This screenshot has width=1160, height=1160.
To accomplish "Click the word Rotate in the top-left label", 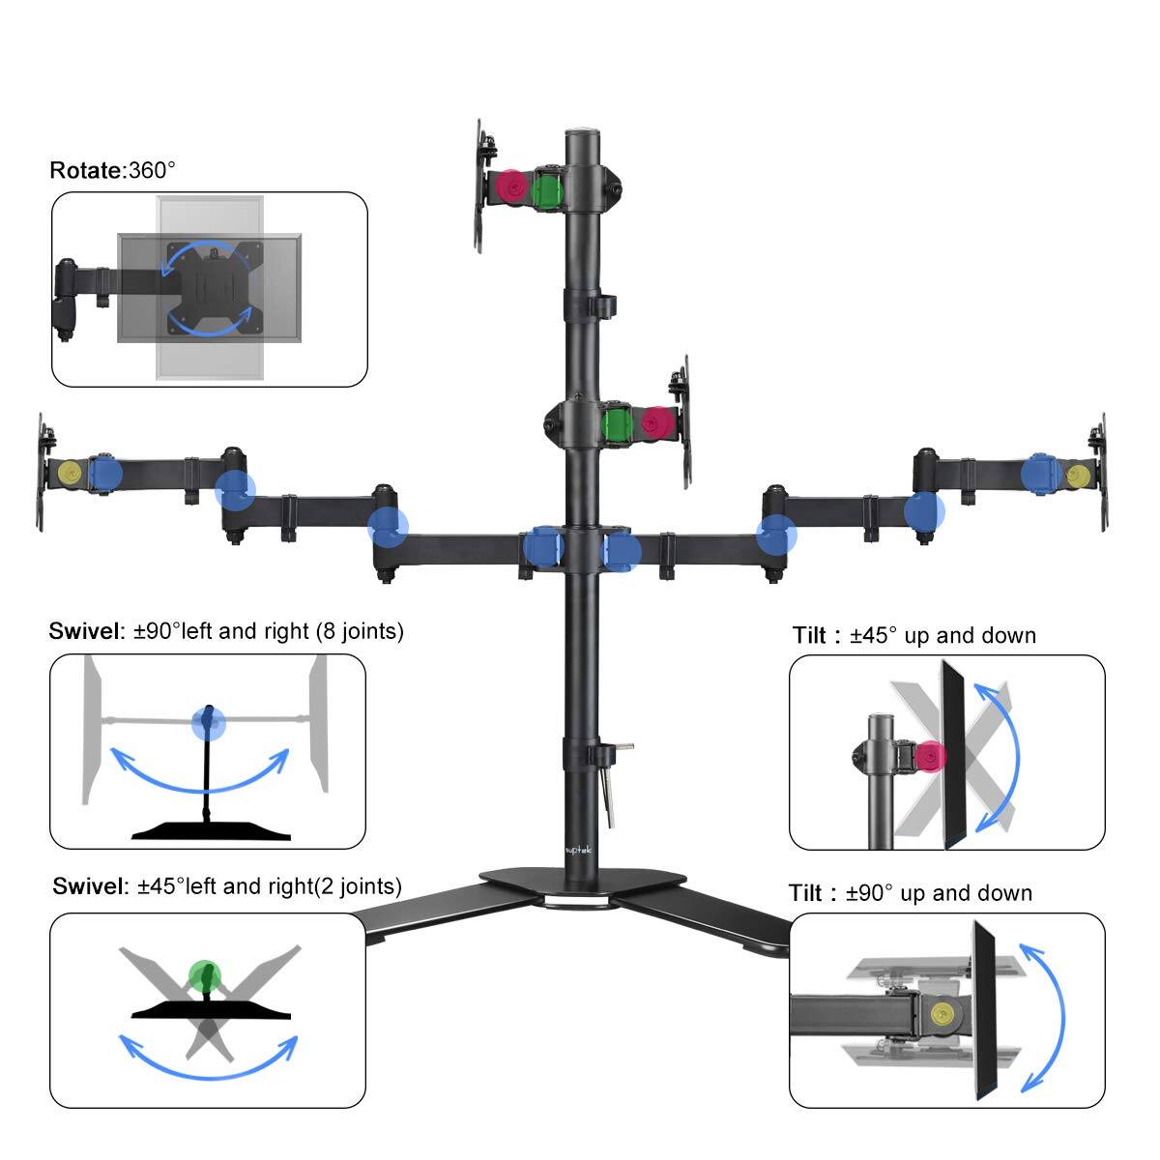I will tap(86, 171).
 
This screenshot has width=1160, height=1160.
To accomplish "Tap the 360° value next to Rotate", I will tap(152, 171).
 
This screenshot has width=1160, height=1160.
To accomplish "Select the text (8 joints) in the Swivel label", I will tap(359, 631).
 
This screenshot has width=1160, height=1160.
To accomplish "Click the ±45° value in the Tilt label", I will tap(874, 635).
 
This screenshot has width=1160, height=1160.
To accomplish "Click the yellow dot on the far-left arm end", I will tap(70, 473).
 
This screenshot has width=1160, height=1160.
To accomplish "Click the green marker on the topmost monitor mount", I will tap(548, 188).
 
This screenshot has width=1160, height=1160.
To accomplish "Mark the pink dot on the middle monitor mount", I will tap(657, 422).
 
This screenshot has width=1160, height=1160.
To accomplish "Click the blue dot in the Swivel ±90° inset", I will tap(207, 720).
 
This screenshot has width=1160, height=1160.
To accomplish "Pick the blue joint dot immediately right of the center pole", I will tap(621, 550).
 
